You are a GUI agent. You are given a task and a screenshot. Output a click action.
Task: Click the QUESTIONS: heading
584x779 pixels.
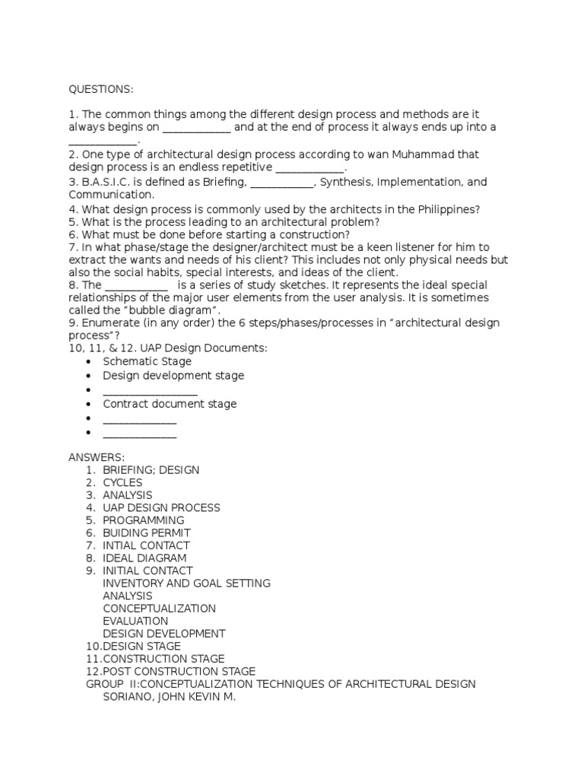100,90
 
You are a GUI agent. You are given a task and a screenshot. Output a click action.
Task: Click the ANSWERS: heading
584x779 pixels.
97,456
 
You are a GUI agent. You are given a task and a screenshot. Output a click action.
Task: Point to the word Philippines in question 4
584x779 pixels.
446,209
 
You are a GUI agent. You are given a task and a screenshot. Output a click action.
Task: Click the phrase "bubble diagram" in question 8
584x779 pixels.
181,310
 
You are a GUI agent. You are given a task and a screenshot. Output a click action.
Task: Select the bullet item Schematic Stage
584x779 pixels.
147,361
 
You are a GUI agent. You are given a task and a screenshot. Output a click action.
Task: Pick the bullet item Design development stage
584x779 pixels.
173,375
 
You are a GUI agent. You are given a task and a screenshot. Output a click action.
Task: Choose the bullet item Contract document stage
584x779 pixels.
170,404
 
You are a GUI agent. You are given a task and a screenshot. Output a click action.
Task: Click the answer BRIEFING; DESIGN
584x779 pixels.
151,470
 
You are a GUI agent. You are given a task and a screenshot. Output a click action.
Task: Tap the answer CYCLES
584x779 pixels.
122,482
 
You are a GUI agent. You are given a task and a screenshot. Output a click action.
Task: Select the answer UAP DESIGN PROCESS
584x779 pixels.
161,507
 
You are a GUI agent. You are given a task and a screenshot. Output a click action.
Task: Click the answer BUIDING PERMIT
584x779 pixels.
147,533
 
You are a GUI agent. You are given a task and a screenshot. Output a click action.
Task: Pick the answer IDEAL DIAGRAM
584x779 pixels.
144,558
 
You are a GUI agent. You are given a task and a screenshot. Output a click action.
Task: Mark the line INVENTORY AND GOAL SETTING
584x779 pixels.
186,583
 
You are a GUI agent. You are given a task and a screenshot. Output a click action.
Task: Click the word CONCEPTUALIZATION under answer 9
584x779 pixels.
159,609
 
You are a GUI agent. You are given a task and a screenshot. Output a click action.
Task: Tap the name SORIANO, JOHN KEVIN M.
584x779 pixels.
170,696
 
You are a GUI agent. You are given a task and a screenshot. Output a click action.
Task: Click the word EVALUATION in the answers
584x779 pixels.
135,621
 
